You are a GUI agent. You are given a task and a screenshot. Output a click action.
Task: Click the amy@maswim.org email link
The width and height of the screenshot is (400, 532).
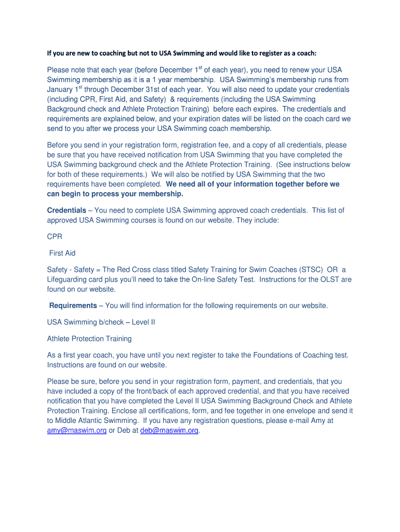pos(77,430)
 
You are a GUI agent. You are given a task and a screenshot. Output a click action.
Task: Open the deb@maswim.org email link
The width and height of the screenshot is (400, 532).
pos(169,430)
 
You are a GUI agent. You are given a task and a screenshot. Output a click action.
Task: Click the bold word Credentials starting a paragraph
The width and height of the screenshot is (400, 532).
pos(66,210)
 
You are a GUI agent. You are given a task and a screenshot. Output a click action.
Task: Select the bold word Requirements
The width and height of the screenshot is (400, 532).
pos(73,305)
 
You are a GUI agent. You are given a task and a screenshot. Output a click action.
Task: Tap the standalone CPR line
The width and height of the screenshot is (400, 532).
pos(55,236)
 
